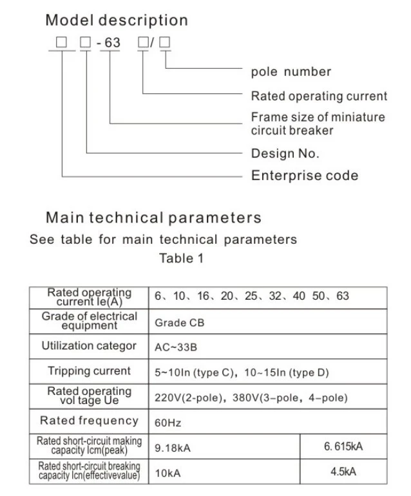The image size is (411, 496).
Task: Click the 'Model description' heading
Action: point(117,20)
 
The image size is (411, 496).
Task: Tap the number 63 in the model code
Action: point(113,44)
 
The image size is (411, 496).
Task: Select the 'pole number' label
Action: point(291,71)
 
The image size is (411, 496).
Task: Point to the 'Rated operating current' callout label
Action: point(319,96)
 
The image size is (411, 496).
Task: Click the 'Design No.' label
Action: point(285,154)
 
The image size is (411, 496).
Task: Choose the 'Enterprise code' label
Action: point(304,175)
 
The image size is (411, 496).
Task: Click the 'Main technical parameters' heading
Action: point(153,217)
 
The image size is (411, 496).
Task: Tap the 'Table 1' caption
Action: point(185,259)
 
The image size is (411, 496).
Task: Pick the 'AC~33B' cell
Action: point(176,347)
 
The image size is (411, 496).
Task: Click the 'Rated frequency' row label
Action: point(89,421)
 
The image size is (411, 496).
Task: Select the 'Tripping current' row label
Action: point(89,371)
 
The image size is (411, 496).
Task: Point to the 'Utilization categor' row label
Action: point(89,346)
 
